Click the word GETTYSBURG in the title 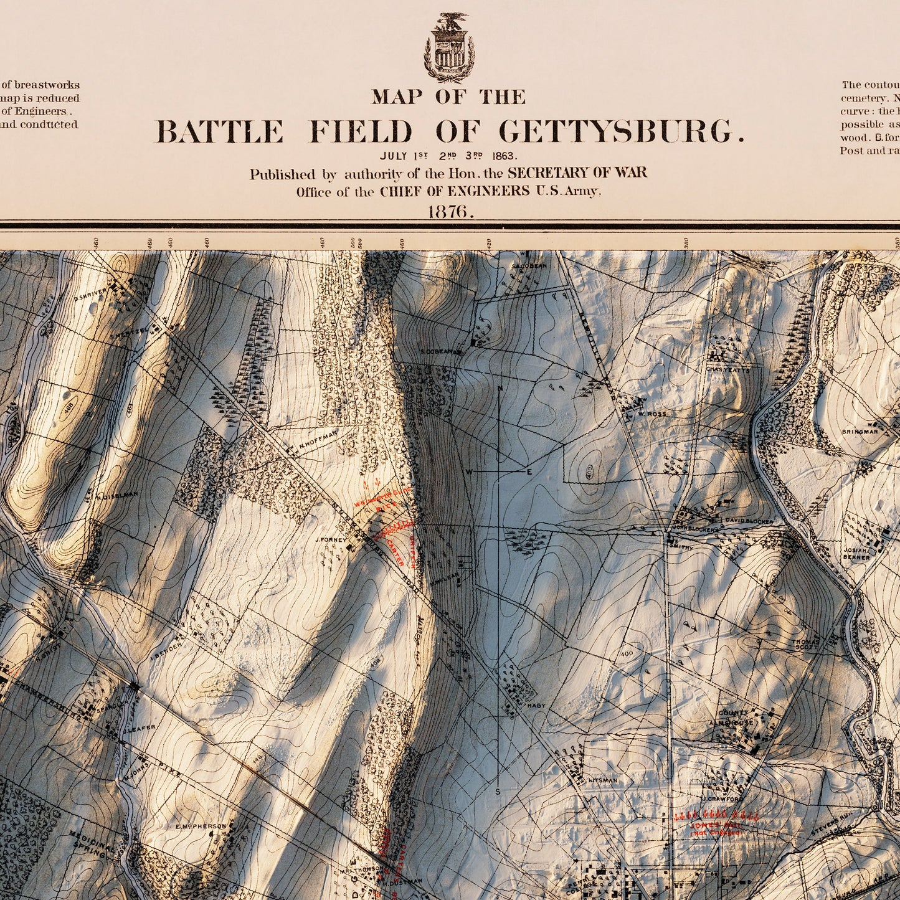coord(621,132)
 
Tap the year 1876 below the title coord(450,212)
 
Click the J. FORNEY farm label coord(330,539)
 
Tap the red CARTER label coord(395,552)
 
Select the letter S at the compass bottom coord(498,792)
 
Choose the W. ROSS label coord(652,414)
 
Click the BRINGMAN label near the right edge coord(860,431)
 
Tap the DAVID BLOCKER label coord(748,521)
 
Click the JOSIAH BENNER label coord(857,554)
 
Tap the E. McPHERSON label coord(201,826)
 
